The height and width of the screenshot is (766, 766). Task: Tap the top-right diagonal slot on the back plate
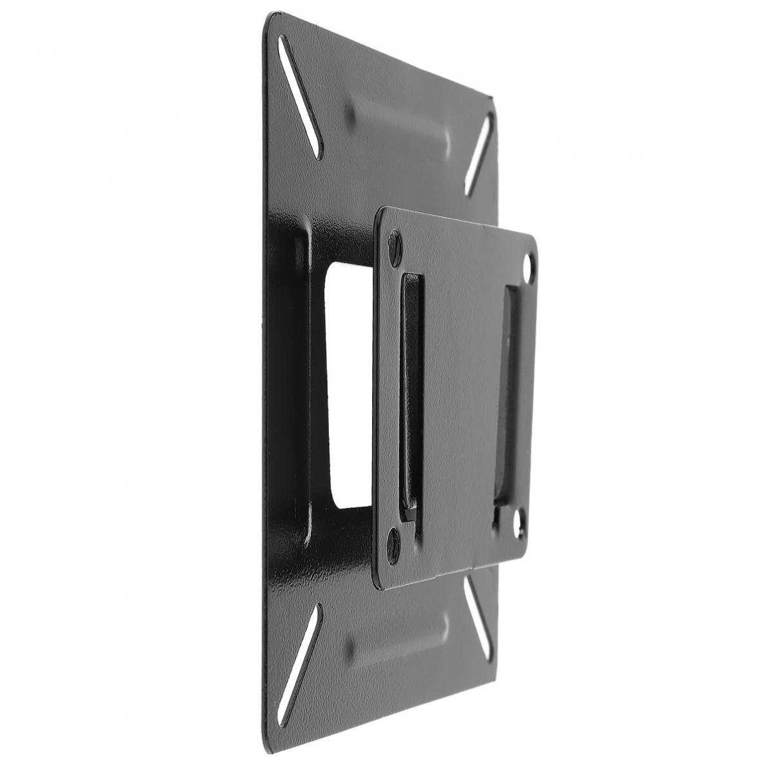coord(480,154)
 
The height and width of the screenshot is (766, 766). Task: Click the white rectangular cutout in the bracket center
coord(348,386)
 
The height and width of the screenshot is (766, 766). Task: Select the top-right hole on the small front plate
coord(528,266)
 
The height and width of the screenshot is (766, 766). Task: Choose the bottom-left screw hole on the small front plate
coord(393,544)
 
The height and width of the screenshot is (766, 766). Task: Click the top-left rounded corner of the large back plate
coord(269,19)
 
